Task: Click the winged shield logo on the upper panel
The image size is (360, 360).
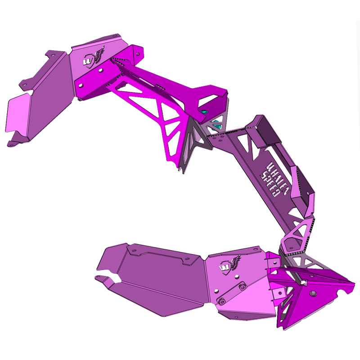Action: [93, 57]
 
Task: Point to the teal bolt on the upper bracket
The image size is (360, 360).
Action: [205, 111]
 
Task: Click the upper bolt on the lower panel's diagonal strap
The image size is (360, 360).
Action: [243, 287]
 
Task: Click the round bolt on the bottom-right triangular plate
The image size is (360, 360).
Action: [313, 293]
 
